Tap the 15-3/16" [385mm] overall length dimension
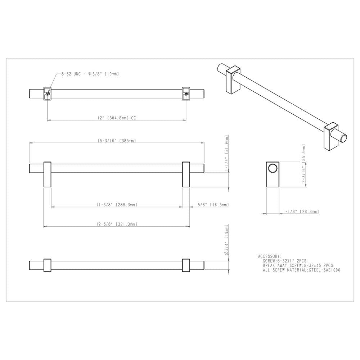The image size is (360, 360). click(x=117, y=141)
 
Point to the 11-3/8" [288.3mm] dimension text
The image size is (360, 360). click(x=117, y=205)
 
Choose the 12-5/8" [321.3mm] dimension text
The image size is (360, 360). click(x=117, y=224)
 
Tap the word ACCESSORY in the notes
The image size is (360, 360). click(x=270, y=256)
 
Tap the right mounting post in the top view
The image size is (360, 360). click(x=186, y=93)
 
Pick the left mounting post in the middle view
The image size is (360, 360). click(x=48, y=174)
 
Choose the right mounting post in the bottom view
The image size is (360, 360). click(x=186, y=265)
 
